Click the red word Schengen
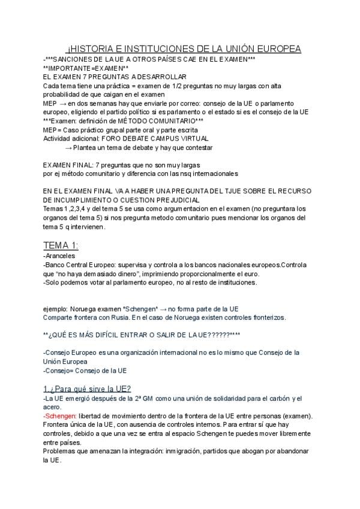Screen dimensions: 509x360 pos(59,417)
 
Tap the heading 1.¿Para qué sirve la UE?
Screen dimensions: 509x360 pos(87,388)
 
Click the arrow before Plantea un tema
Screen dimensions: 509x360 pos(68,148)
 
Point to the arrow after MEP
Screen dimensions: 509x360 pos(62,103)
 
